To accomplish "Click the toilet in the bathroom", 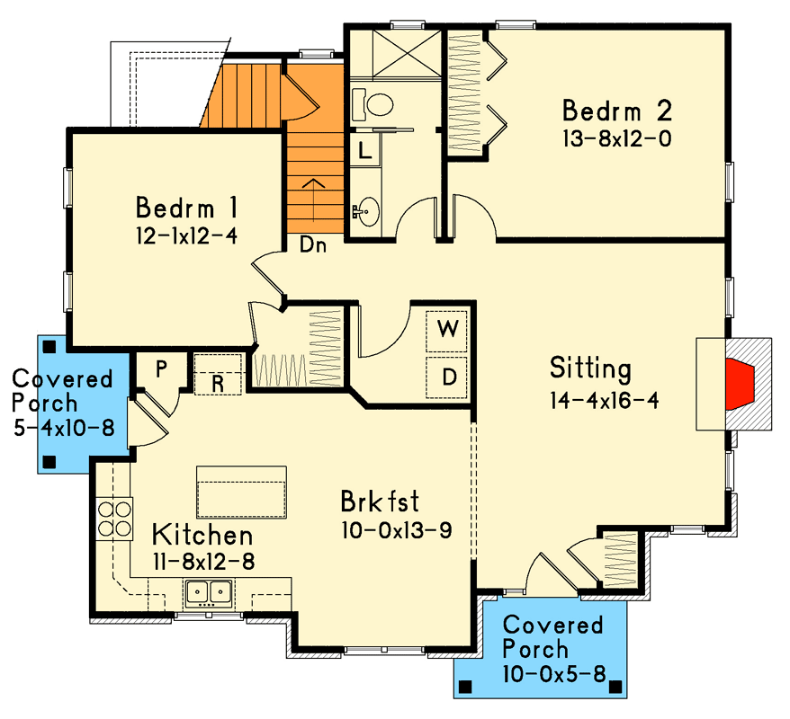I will (375, 104).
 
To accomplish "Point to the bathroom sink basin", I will (366, 213).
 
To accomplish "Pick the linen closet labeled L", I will (364, 150).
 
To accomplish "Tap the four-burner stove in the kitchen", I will (114, 518).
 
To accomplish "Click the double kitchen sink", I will (210, 593).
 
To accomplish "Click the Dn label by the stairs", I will (312, 244).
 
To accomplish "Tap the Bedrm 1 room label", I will (186, 209).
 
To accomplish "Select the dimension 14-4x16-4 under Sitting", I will (605, 400).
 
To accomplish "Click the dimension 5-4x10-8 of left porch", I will (64, 428).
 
